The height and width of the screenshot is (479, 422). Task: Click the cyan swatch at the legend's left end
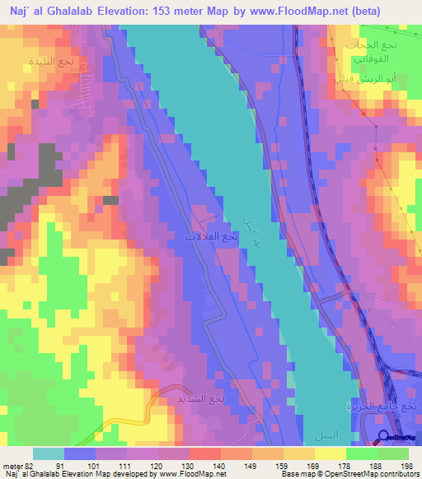[48, 453]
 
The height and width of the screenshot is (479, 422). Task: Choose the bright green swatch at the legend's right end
[393, 453]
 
